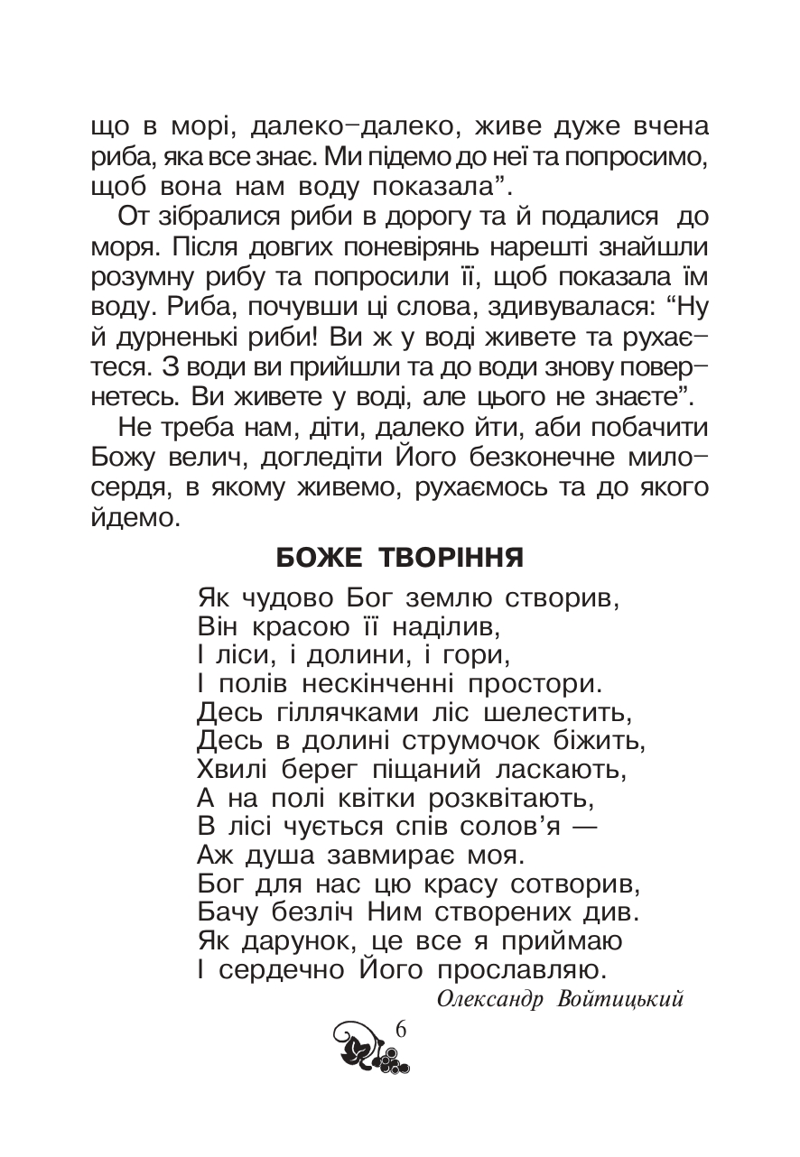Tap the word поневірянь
[x=391, y=249]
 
